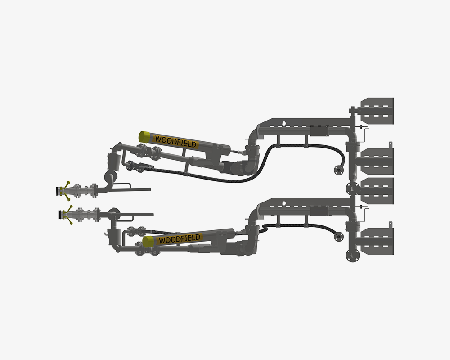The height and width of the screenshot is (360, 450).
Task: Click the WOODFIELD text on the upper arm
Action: click(x=175, y=141)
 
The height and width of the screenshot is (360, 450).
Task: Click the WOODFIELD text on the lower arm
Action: click(x=180, y=239)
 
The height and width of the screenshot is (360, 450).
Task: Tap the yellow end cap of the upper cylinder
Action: click(x=145, y=137)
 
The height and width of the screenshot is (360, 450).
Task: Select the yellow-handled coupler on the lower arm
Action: click(x=66, y=215)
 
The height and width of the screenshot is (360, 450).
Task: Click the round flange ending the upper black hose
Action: click(x=339, y=170)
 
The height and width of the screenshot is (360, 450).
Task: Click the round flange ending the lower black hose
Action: click(x=339, y=237)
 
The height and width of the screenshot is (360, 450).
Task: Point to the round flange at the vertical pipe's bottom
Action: click(x=352, y=255)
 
